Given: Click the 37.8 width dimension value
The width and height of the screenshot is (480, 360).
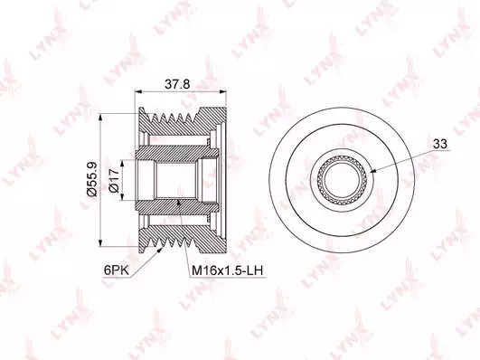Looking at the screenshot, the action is [x=177, y=84].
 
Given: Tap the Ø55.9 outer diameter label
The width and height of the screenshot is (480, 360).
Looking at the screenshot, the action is [x=92, y=178].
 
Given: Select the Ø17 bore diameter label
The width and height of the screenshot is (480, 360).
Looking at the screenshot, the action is [x=114, y=181].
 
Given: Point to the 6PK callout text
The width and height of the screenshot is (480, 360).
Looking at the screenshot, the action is [x=117, y=270].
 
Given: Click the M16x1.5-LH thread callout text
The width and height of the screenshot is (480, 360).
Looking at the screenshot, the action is [x=227, y=270].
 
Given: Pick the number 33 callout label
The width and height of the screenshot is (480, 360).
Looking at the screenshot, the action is [x=440, y=144].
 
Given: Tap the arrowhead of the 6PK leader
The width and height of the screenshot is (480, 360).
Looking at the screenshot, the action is [x=159, y=251].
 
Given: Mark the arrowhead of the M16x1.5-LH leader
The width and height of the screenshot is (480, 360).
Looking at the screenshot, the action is [x=179, y=203].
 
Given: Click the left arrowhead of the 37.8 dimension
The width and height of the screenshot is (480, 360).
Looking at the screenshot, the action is [x=138, y=91].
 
